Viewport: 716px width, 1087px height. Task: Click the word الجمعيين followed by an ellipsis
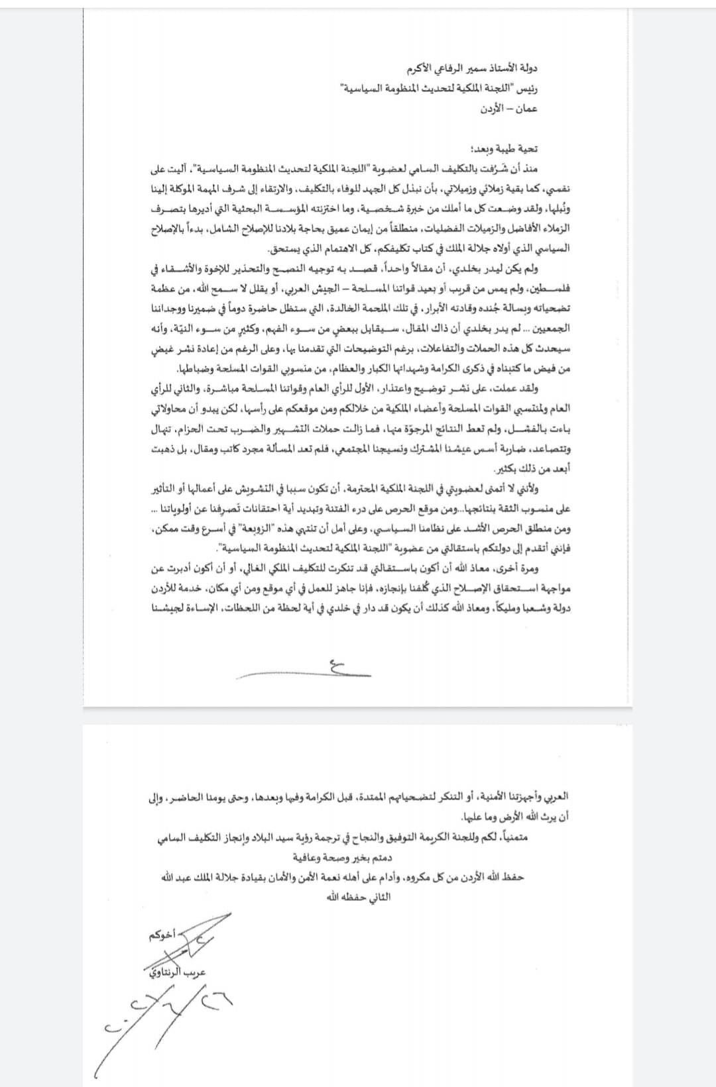tap(548, 329)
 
